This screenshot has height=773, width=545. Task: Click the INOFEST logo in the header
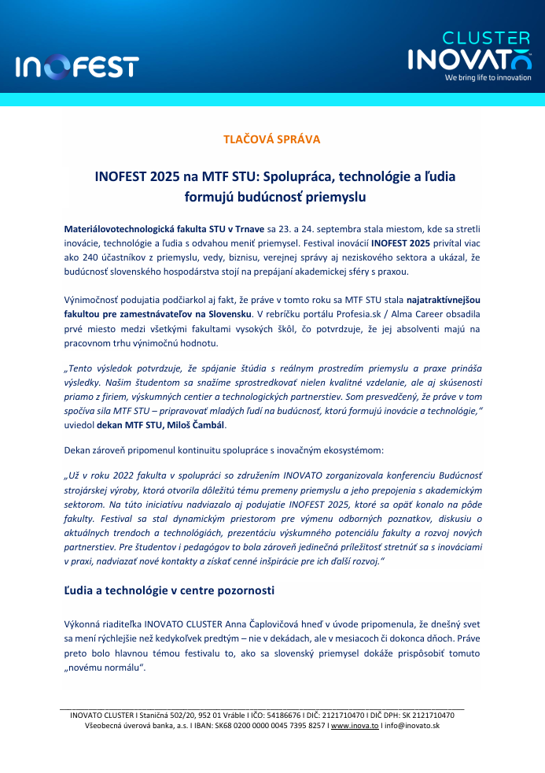(77, 66)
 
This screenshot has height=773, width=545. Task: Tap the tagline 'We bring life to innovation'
(488, 78)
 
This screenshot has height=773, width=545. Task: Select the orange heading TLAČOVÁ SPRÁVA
(272, 139)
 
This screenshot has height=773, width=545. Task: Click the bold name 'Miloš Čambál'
(202, 424)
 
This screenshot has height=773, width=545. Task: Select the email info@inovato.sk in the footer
(411, 726)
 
